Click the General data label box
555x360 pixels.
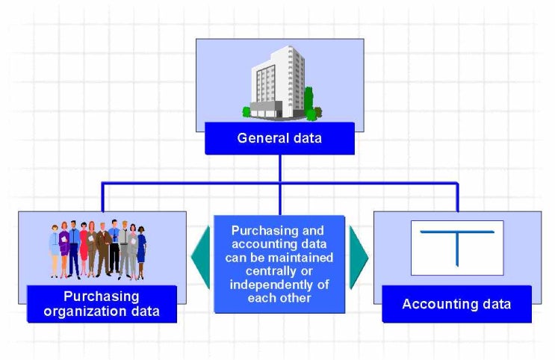(x=279, y=138)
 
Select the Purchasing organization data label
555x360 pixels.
(x=102, y=303)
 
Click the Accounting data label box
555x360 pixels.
(x=456, y=304)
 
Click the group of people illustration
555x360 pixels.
(x=98, y=249)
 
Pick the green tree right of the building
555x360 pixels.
(x=309, y=102)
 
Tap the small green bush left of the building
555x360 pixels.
(x=247, y=112)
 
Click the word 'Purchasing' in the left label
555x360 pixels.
(x=102, y=296)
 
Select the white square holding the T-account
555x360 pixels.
(x=457, y=247)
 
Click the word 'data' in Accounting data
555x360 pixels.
(x=496, y=304)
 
